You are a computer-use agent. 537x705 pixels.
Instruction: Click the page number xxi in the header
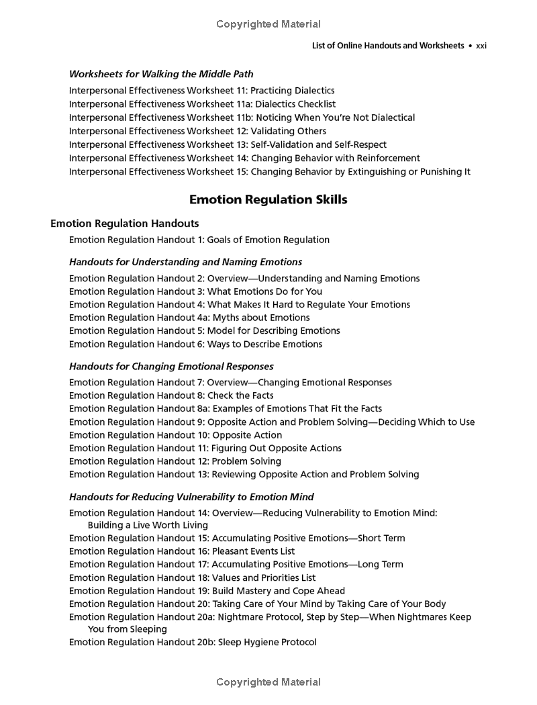[481, 46]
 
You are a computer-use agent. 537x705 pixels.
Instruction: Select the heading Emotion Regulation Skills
[268, 199]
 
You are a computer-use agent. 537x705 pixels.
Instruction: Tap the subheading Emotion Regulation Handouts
[124, 223]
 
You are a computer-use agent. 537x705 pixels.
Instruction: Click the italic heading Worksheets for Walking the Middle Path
[161, 74]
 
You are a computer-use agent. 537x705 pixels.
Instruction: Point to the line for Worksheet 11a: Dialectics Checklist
[202, 104]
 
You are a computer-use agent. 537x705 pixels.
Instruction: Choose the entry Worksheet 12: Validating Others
[197, 131]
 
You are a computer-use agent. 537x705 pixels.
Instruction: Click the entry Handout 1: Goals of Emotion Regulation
[199, 240]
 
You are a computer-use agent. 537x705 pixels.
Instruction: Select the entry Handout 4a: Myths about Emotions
[189, 318]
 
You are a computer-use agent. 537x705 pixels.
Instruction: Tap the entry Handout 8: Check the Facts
[171, 395]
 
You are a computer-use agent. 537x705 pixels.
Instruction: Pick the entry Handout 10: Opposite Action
[175, 435]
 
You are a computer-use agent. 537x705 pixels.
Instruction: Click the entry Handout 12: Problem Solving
[175, 461]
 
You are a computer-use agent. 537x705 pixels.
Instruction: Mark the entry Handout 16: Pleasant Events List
[182, 551]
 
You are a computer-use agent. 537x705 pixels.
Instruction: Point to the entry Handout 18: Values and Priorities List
[192, 577]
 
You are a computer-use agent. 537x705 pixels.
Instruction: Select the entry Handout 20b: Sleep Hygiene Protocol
[193, 642]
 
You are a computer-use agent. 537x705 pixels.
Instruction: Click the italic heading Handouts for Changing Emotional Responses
[171, 367]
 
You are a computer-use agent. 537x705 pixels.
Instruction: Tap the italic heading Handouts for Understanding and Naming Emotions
[185, 262]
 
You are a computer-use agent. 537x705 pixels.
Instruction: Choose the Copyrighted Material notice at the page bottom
[268, 682]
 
